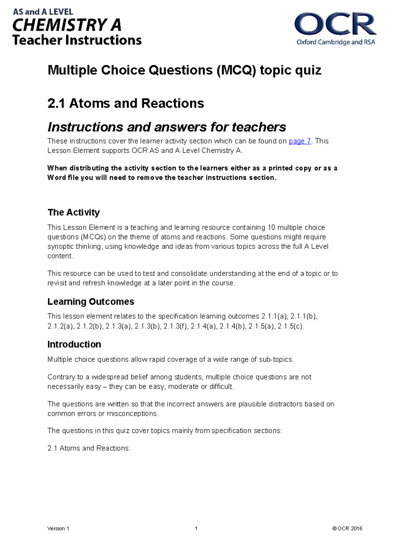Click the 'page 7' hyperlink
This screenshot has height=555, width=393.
[300, 141]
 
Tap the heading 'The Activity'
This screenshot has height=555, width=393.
[74, 212]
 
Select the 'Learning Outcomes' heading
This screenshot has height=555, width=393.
[91, 301]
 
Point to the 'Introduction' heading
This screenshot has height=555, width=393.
[74, 344]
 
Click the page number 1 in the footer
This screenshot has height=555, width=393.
[196, 528]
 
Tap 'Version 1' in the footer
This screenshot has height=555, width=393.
[58, 528]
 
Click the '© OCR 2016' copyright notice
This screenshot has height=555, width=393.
[347, 528]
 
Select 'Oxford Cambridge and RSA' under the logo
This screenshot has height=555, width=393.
[336, 42]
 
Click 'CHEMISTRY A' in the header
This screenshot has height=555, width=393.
[67, 26]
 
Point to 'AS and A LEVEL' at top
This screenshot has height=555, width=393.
[43, 12]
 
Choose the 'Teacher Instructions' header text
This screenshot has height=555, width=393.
[77, 40]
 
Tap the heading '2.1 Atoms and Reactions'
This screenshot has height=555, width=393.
[126, 103]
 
